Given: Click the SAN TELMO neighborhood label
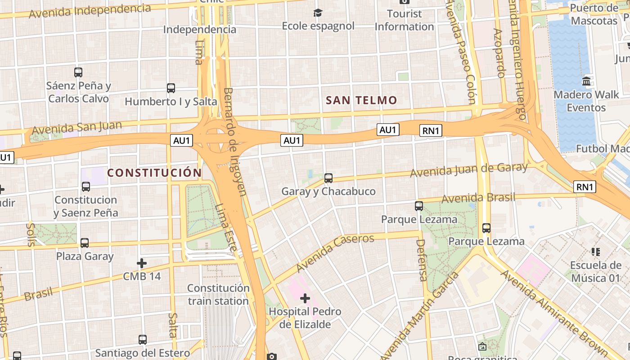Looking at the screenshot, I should [x=361, y=100].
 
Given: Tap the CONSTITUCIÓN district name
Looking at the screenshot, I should [x=154, y=173].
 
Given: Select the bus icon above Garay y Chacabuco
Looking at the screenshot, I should [x=328, y=178].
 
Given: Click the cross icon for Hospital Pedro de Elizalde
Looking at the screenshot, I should [x=305, y=298].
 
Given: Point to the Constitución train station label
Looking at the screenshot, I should [x=218, y=294].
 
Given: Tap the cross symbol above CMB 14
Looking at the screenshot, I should [x=142, y=263].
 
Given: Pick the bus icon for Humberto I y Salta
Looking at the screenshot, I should [x=171, y=88].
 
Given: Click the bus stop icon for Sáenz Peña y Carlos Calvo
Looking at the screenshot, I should [x=78, y=72].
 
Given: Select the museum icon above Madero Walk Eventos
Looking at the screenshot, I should [x=586, y=81].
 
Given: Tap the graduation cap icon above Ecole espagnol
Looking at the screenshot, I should [x=318, y=13].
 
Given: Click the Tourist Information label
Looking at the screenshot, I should [x=404, y=20].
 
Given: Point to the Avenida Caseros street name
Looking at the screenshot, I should [x=335, y=253].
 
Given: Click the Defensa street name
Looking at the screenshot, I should [x=422, y=260].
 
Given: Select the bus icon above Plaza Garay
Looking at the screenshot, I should [x=85, y=243].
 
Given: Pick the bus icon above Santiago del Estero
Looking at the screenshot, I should [x=143, y=340].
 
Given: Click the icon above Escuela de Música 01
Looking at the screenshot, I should [x=596, y=252].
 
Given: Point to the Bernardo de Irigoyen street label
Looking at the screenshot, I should [x=235, y=142].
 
